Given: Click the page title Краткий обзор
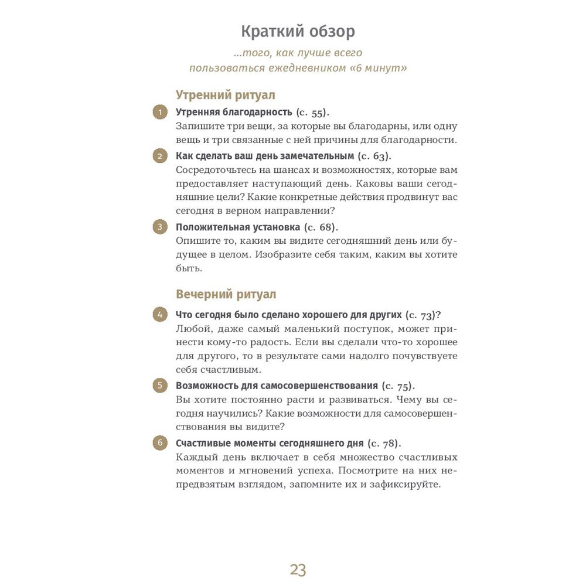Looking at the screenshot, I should pos(298,31).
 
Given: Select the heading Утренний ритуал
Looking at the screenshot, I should pos(226,95).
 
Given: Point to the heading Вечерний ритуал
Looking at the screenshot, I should pos(226,294).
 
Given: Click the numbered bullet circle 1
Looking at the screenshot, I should pos(160,111).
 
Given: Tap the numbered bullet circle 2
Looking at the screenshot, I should pos(160,156).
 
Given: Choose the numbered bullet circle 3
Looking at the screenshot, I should pos(160,227).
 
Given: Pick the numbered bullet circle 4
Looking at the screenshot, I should pos(160,314).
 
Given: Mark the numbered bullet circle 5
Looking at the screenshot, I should pos(160,386).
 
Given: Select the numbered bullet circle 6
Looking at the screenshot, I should pos(160,442).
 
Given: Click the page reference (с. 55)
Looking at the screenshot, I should pos(312,112).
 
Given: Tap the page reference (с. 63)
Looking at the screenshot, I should pos(374,156).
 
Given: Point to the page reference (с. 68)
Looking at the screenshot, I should pos(321,227).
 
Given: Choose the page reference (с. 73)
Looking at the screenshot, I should pos(421,315).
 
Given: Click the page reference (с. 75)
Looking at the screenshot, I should pos(398,386).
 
